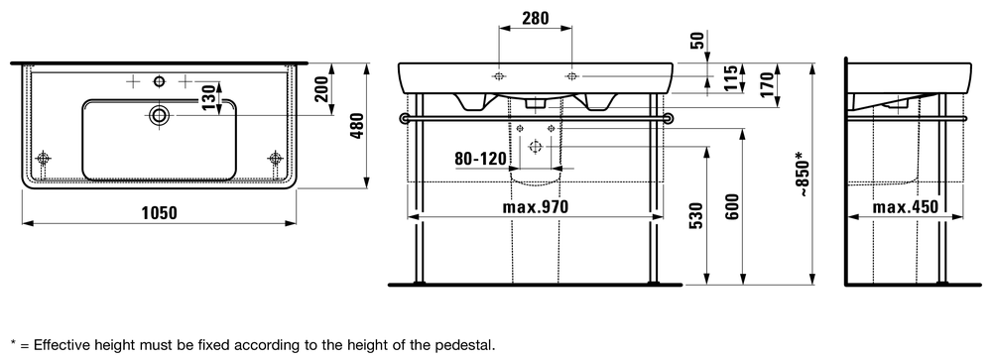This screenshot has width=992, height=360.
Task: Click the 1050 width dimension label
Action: (x=159, y=213)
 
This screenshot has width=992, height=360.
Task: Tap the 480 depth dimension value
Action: (x=357, y=127)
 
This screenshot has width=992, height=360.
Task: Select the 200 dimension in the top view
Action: (x=322, y=88)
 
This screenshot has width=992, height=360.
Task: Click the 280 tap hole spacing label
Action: (x=536, y=18)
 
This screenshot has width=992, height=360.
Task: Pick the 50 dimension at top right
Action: (x=696, y=41)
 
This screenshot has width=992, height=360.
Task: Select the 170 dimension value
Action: (x=767, y=85)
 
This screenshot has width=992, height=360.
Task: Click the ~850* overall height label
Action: (x=803, y=174)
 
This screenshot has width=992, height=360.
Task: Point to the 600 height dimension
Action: (x=732, y=206)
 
